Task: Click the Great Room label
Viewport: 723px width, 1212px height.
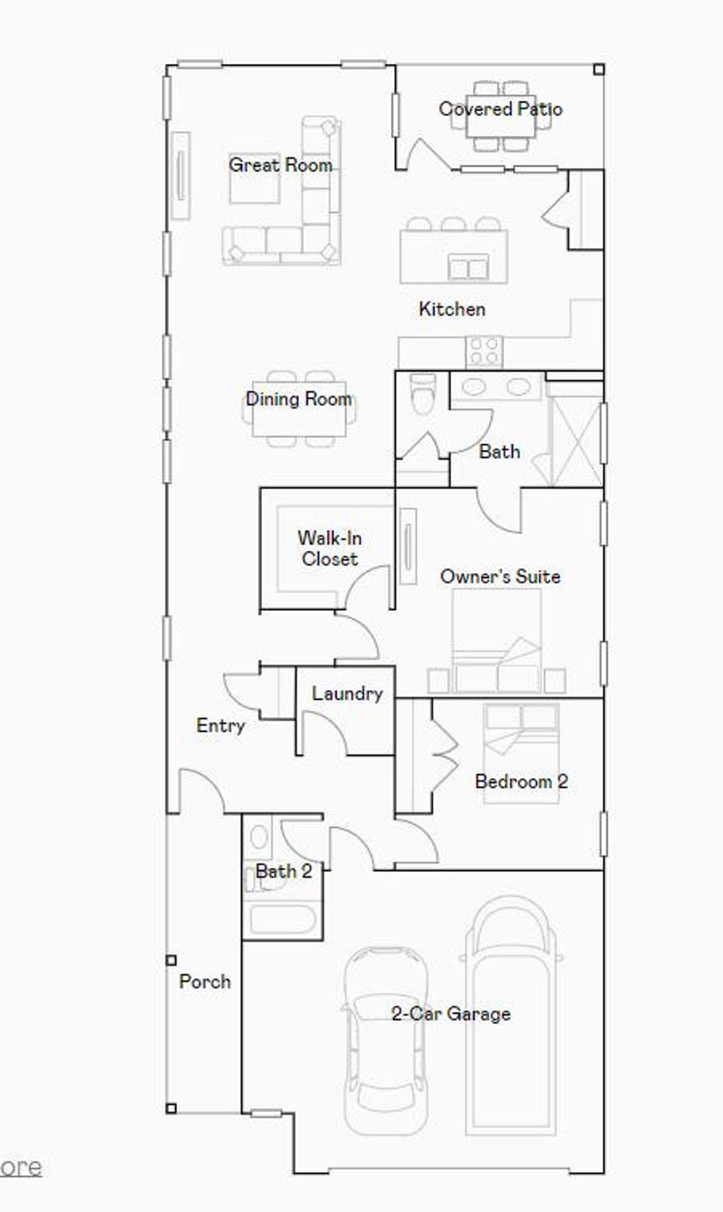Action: (x=280, y=165)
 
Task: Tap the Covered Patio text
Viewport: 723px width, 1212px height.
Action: (x=500, y=109)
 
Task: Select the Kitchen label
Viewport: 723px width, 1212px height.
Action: (x=452, y=309)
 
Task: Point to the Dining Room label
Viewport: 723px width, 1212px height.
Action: (x=299, y=399)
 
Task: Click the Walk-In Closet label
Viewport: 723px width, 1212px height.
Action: (x=330, y=548)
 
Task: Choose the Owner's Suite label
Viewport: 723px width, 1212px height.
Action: (x=500, y=577)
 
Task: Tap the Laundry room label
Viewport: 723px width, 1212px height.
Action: (x=347, y=693)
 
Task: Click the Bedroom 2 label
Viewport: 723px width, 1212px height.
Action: (x=521, y=782)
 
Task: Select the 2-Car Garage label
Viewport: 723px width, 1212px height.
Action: (x=451, y=1014)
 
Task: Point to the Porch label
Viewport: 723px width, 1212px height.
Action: (x=204, y=982)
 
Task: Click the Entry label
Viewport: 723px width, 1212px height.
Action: (x=220, y=726)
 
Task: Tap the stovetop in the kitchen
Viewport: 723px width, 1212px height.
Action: (x=484, y=352)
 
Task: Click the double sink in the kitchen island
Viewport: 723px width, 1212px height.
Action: (x=468, y=267)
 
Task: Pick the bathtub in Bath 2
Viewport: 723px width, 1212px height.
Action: (x=282, y=920)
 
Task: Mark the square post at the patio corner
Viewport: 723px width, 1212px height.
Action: (x=599, y=69)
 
